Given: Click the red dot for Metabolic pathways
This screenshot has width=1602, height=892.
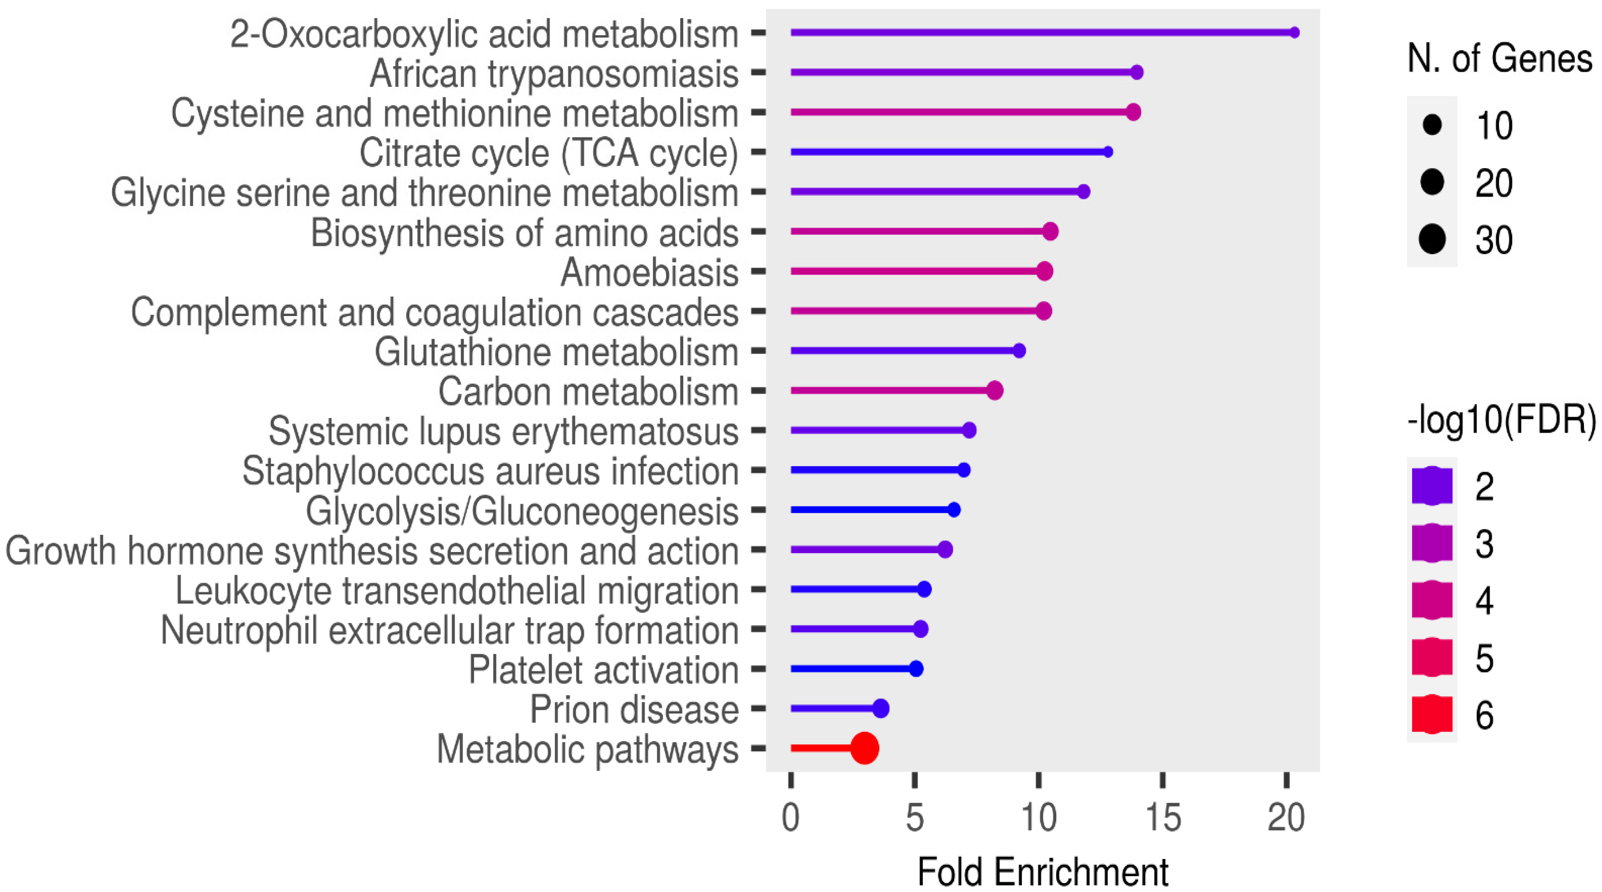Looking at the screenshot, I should [x=865, y=748].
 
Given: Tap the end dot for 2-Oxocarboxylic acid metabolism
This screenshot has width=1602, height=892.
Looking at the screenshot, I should [x=1294, y=32].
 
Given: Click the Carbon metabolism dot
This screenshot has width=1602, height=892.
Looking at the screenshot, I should [x=994, y=390].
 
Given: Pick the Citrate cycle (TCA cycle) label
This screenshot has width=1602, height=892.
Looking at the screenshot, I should [x=548, y=153].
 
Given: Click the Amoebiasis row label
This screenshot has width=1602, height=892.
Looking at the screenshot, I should [x=649, y=272].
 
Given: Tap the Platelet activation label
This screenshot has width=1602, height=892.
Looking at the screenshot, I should [x=603, y=670].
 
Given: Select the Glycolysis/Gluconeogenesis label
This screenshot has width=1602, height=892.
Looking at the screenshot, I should [x=522, y=511].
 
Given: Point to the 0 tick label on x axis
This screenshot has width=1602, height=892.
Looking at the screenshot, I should [x=790, y=817].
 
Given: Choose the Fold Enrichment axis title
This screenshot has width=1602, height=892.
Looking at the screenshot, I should [x=1043, y=872].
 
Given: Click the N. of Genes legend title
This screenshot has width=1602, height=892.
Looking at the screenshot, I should [x=1499, y=59].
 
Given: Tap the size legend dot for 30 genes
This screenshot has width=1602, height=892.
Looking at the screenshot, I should [x=1432, y=239].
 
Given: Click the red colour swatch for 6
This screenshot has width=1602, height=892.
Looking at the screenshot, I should [x=1432, y=713].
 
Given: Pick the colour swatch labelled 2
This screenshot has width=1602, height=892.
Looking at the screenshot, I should [x=1432, y=486].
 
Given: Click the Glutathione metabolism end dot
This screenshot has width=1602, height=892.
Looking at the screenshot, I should [x=1019, y=350].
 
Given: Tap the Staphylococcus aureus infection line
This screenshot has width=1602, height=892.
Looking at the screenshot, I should [x=877, y=470].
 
